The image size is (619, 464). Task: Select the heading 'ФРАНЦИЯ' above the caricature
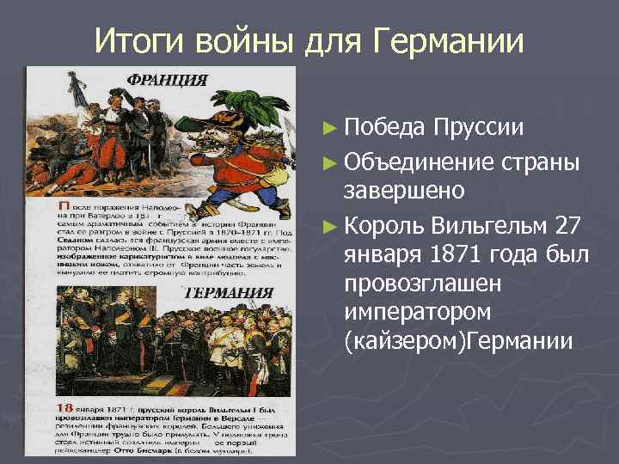pyautogui.click(x=168, y=81)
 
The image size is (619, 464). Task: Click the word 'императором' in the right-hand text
pyautogui.click(x=416, y=313)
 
